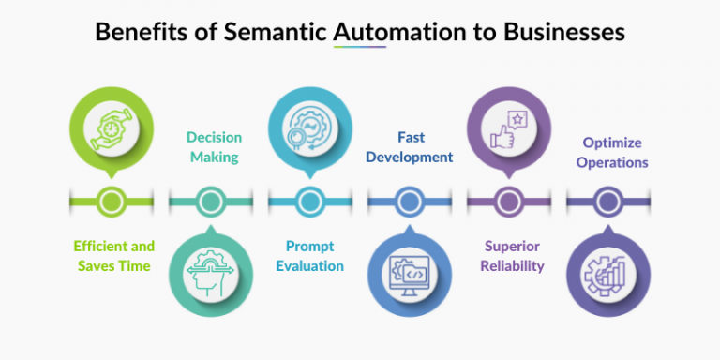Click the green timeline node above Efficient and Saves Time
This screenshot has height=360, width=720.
coord(111,200)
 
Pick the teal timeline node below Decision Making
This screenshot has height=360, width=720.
coord(211,200)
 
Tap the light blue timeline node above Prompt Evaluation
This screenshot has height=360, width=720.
coord(309,200)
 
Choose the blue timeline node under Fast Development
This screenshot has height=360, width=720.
coord(409,200)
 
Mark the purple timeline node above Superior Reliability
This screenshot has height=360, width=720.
coord(508,200)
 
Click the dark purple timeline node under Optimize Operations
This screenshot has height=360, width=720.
coord(607,200)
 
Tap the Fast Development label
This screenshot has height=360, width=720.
coord(410,146)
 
